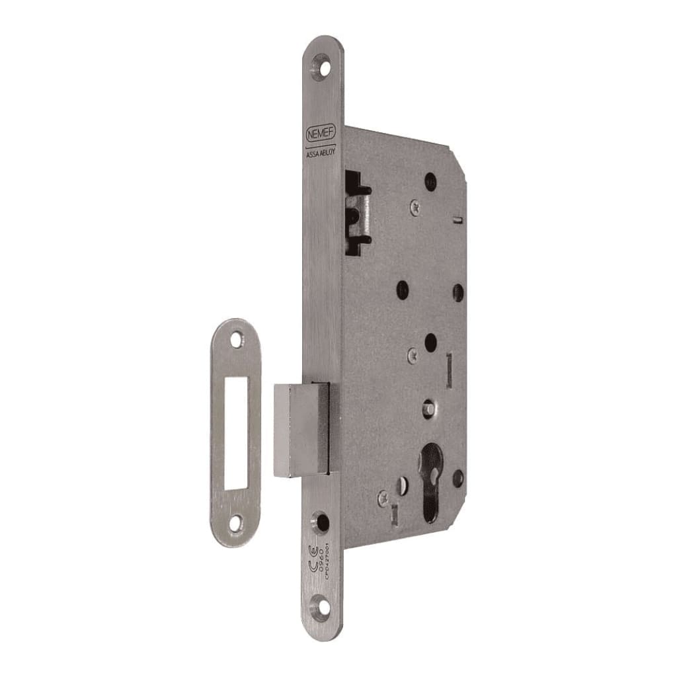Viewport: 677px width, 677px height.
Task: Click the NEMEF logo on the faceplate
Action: [321, 134]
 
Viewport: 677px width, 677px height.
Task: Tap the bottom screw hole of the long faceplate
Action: [321, 606]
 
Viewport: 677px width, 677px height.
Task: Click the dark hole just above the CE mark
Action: [322, 522]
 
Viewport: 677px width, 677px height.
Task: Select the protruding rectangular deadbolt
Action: [301, 428]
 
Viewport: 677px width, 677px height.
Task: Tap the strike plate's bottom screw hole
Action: [235, 524]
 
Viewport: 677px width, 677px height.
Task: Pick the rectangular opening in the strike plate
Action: [235, 432]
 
